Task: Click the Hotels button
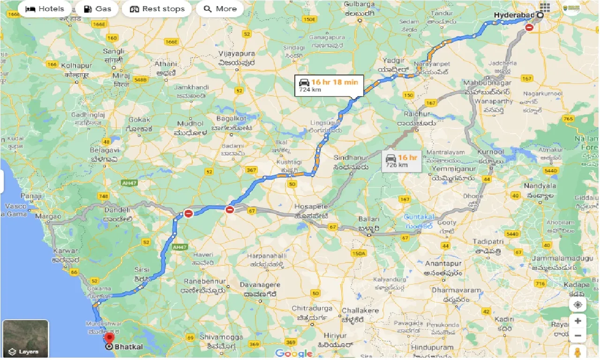(45, 9)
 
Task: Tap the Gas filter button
(97, 9)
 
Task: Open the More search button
(220, 9)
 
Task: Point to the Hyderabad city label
(515, 15)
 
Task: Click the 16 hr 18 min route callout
(329, 85)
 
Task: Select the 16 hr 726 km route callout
(402, 160)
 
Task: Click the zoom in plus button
(577, 321)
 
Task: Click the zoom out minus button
(577, 336)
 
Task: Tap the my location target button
(577, 305)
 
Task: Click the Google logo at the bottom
(293, 353)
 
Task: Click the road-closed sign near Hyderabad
(529, 28)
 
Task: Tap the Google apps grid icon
(545, 7)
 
